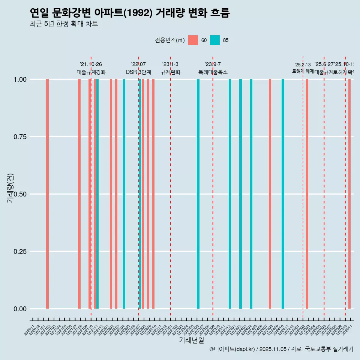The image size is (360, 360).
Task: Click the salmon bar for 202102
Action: coord(47,194)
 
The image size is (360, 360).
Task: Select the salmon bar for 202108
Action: coord(79,194)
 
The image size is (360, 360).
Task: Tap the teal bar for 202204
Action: coord(124,194)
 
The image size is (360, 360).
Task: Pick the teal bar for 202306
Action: coord(198,194)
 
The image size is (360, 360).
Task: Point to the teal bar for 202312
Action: coord(230,194)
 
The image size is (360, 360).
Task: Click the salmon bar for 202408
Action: coord(270,194)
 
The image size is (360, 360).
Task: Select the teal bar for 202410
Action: coord(283,194)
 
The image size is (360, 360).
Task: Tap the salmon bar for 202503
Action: coord(307,194)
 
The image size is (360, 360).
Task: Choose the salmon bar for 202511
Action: coord(349,194)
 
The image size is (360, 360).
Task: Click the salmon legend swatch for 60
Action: coord(193,40)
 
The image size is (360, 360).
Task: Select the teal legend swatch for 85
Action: coord(214,40)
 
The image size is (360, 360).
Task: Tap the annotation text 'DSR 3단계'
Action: coord(138,72)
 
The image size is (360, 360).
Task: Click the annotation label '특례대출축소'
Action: coord(213,72)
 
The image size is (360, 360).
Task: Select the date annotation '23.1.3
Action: coord(170,64)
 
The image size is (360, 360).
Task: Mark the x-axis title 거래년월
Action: coord(191,340)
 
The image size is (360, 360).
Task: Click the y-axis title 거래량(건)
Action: coord(10,188)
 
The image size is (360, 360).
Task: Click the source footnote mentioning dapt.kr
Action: coord(281,349)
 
